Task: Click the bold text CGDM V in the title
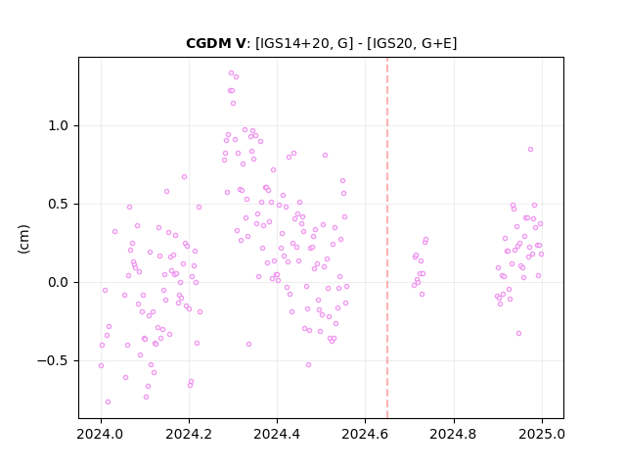click(x=216, y=43)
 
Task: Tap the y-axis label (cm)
click(x=23, y=239)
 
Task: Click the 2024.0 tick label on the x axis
click(x=101, y=434)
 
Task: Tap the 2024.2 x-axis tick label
click(x=189, y=434)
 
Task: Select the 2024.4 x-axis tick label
click(x=277, y=434)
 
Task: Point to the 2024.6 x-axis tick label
click(x=365, y=434)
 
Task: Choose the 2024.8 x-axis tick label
click(x=454, y=434)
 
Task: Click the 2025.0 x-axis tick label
click(x=542, y=434)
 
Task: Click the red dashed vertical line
click(x=387, y=238)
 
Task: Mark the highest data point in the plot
click(x=231, y=73)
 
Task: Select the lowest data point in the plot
click(x=108, y=402)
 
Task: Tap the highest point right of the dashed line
click(x=530, y=150)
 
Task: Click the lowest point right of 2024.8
click(x=518, y=334)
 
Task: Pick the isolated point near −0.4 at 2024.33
click(x=248, y=345)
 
